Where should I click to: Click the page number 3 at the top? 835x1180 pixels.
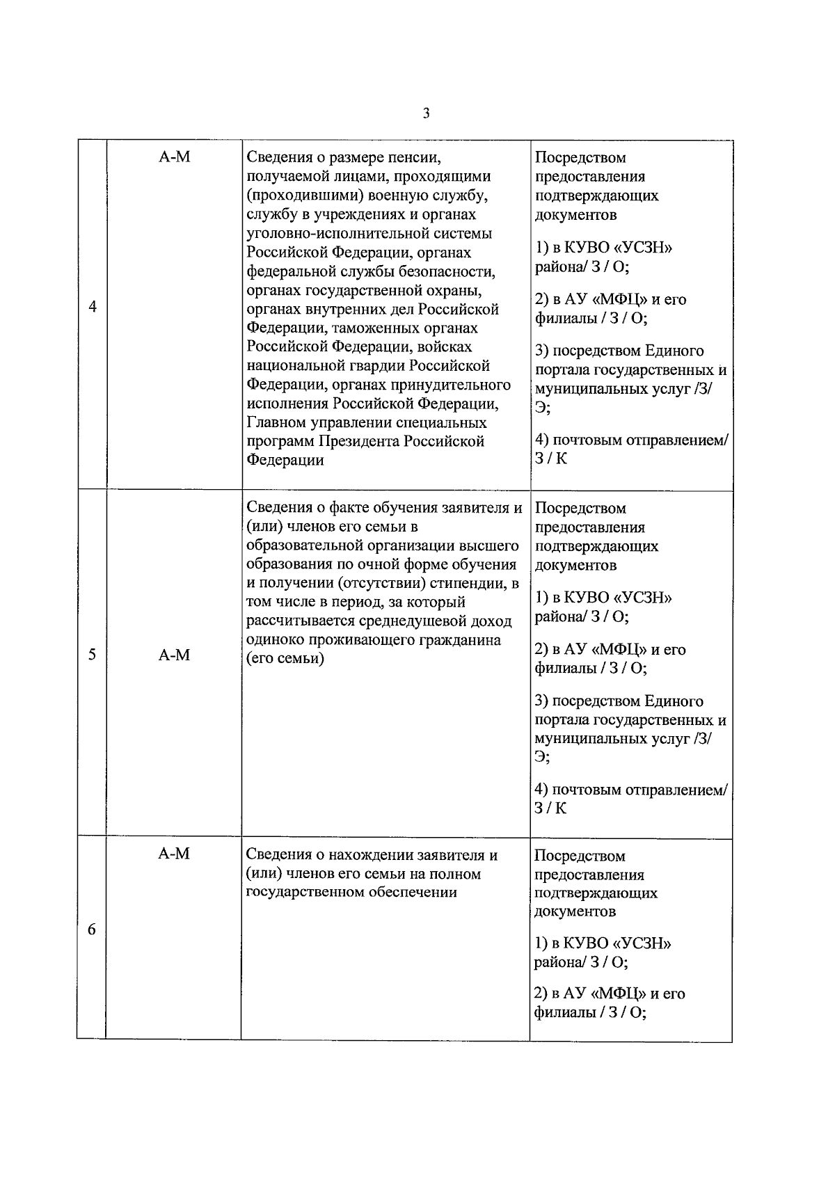426,113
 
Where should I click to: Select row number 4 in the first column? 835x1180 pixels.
93,308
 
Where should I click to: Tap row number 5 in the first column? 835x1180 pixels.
93,655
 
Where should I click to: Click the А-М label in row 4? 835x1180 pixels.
174,157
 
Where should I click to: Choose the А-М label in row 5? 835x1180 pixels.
174,655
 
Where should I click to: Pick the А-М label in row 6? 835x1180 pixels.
174,854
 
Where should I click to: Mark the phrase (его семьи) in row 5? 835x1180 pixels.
286,658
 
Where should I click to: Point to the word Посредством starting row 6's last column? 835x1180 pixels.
580,856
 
